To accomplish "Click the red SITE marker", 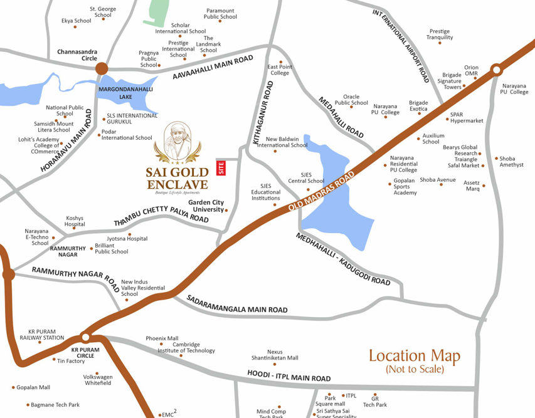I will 220,168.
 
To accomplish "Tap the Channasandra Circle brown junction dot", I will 102,68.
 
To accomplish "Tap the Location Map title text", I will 414,357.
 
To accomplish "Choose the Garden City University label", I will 206,206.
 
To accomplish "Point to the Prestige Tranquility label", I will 440,34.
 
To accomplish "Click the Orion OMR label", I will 471,71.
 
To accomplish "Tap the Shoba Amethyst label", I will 511,162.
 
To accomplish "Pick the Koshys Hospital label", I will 75,221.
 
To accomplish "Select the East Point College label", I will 280,70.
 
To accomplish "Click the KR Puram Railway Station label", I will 46,334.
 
